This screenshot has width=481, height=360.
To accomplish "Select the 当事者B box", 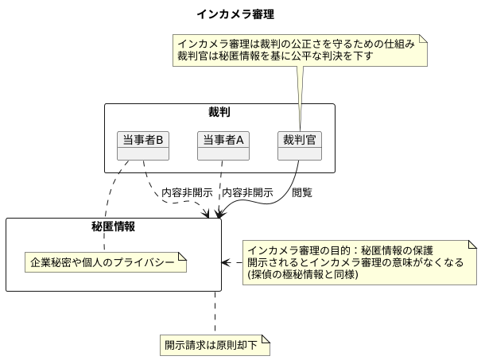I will click(143, 140).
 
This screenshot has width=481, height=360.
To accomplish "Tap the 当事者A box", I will click(223, 140).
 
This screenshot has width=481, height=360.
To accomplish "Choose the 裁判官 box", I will click(299, 140).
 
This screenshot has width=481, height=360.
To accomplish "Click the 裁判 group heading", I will click(219, 112).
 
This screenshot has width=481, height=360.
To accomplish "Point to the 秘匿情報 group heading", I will click(114, 226).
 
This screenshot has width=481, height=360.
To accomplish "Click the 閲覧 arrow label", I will click(302, 192).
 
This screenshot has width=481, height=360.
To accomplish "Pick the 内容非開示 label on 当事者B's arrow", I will click(187, 192).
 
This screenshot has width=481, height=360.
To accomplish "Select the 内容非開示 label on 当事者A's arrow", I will click(247, 192).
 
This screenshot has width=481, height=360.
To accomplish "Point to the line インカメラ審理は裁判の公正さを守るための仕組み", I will click(296, 44).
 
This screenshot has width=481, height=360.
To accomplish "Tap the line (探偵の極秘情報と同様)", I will click(303, 275).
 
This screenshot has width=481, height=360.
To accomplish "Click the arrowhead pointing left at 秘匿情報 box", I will click(226, 262).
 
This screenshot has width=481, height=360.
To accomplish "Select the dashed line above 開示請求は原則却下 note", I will click(215, 314).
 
